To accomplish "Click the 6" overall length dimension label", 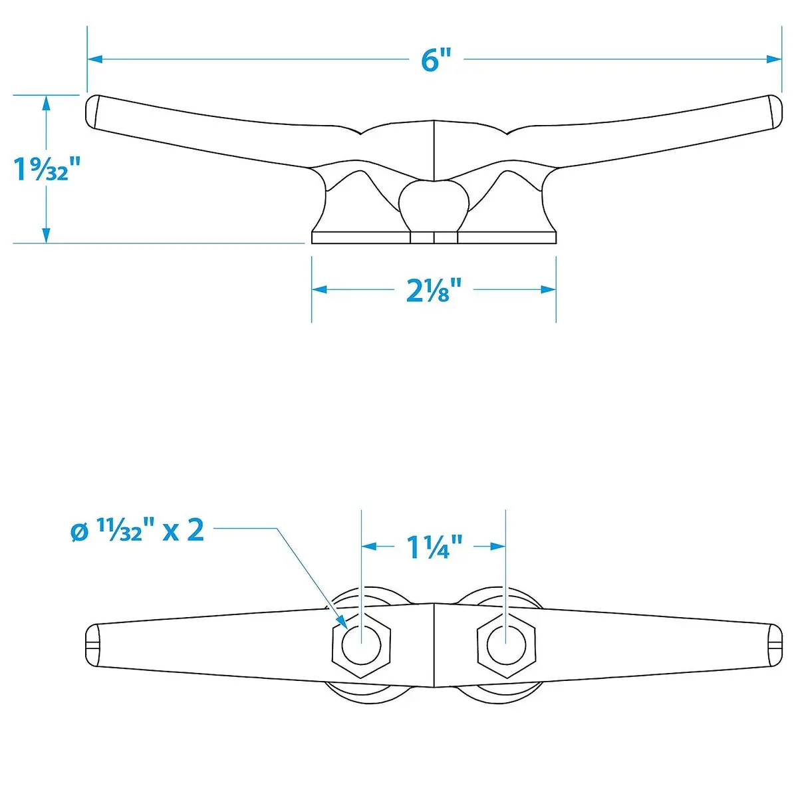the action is click(x=436, y=60).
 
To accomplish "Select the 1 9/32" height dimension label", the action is click(x=47, y=168).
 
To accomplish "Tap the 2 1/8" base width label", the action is click(x=434, y=290).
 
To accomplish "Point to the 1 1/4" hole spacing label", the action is click(x=435, y=547).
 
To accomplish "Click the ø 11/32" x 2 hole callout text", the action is click(x=138, y=531).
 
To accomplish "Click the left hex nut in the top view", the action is click(x=362, y=645).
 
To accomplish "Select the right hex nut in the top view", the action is click(x=506, y=645).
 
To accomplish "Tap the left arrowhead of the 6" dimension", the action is click(x=95, y=59).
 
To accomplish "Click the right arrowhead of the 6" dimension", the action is click(x=774, y=59).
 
